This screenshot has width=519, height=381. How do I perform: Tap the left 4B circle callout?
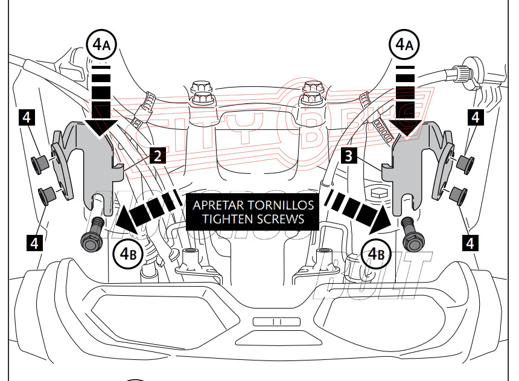(128, 254)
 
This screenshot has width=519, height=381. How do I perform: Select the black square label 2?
(156, 157)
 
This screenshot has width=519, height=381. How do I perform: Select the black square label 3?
(347, 157)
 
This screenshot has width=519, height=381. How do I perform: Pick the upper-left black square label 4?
(26, 117)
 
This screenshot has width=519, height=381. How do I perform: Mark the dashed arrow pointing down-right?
(356, 210)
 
